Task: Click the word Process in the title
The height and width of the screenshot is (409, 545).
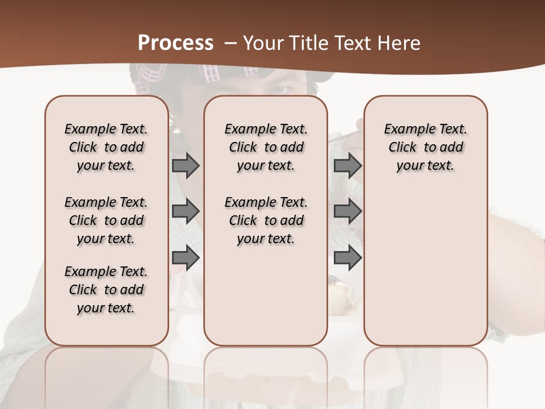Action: [x=175, y=43]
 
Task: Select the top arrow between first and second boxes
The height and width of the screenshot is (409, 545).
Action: [x=186, y=165]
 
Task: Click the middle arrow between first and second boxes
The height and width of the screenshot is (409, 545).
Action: [x=186, y=211]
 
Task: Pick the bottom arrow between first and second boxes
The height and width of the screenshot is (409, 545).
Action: [x=186, y=258]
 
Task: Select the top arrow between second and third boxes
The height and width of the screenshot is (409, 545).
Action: [x=347, y=165]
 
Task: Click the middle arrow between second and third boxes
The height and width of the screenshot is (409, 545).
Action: [x=347, y=211]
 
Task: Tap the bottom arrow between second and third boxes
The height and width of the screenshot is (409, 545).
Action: [x=347, y=258]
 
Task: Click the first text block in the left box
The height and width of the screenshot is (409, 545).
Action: [x=106, y=147]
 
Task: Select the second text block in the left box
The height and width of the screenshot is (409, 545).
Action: [x=106, y=220]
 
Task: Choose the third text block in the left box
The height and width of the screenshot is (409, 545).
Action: [x=106, y=290]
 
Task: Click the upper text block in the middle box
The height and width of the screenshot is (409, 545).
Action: [x=266, y=147]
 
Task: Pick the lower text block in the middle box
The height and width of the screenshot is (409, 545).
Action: [x=266, y=220]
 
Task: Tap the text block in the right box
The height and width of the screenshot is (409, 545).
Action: [x=425, y=147]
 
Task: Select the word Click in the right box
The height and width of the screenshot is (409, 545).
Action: [x=403, y=148]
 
